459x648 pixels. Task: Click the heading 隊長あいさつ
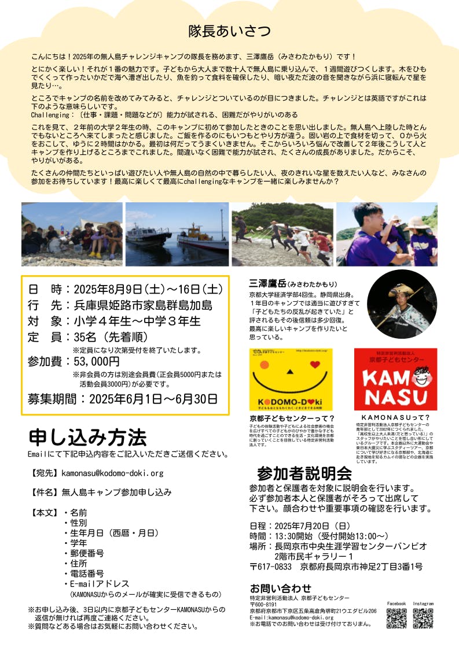click(230, 31)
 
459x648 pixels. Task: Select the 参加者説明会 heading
click(304, 473)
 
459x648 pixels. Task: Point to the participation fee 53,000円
click(96, 362)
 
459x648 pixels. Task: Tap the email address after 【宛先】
click(112, 473)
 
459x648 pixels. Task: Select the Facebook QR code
click(396, 618)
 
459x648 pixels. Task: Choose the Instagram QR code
click(423, 618)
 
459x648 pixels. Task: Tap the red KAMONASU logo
click(395, 379)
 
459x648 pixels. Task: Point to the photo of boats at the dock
click(177, 234)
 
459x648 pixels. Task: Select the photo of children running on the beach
click(282, 234)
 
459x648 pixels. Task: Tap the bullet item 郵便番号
click(87, 553)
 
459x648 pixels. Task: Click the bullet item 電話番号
click(87, 573)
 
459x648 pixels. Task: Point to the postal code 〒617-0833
click(271, 566)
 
